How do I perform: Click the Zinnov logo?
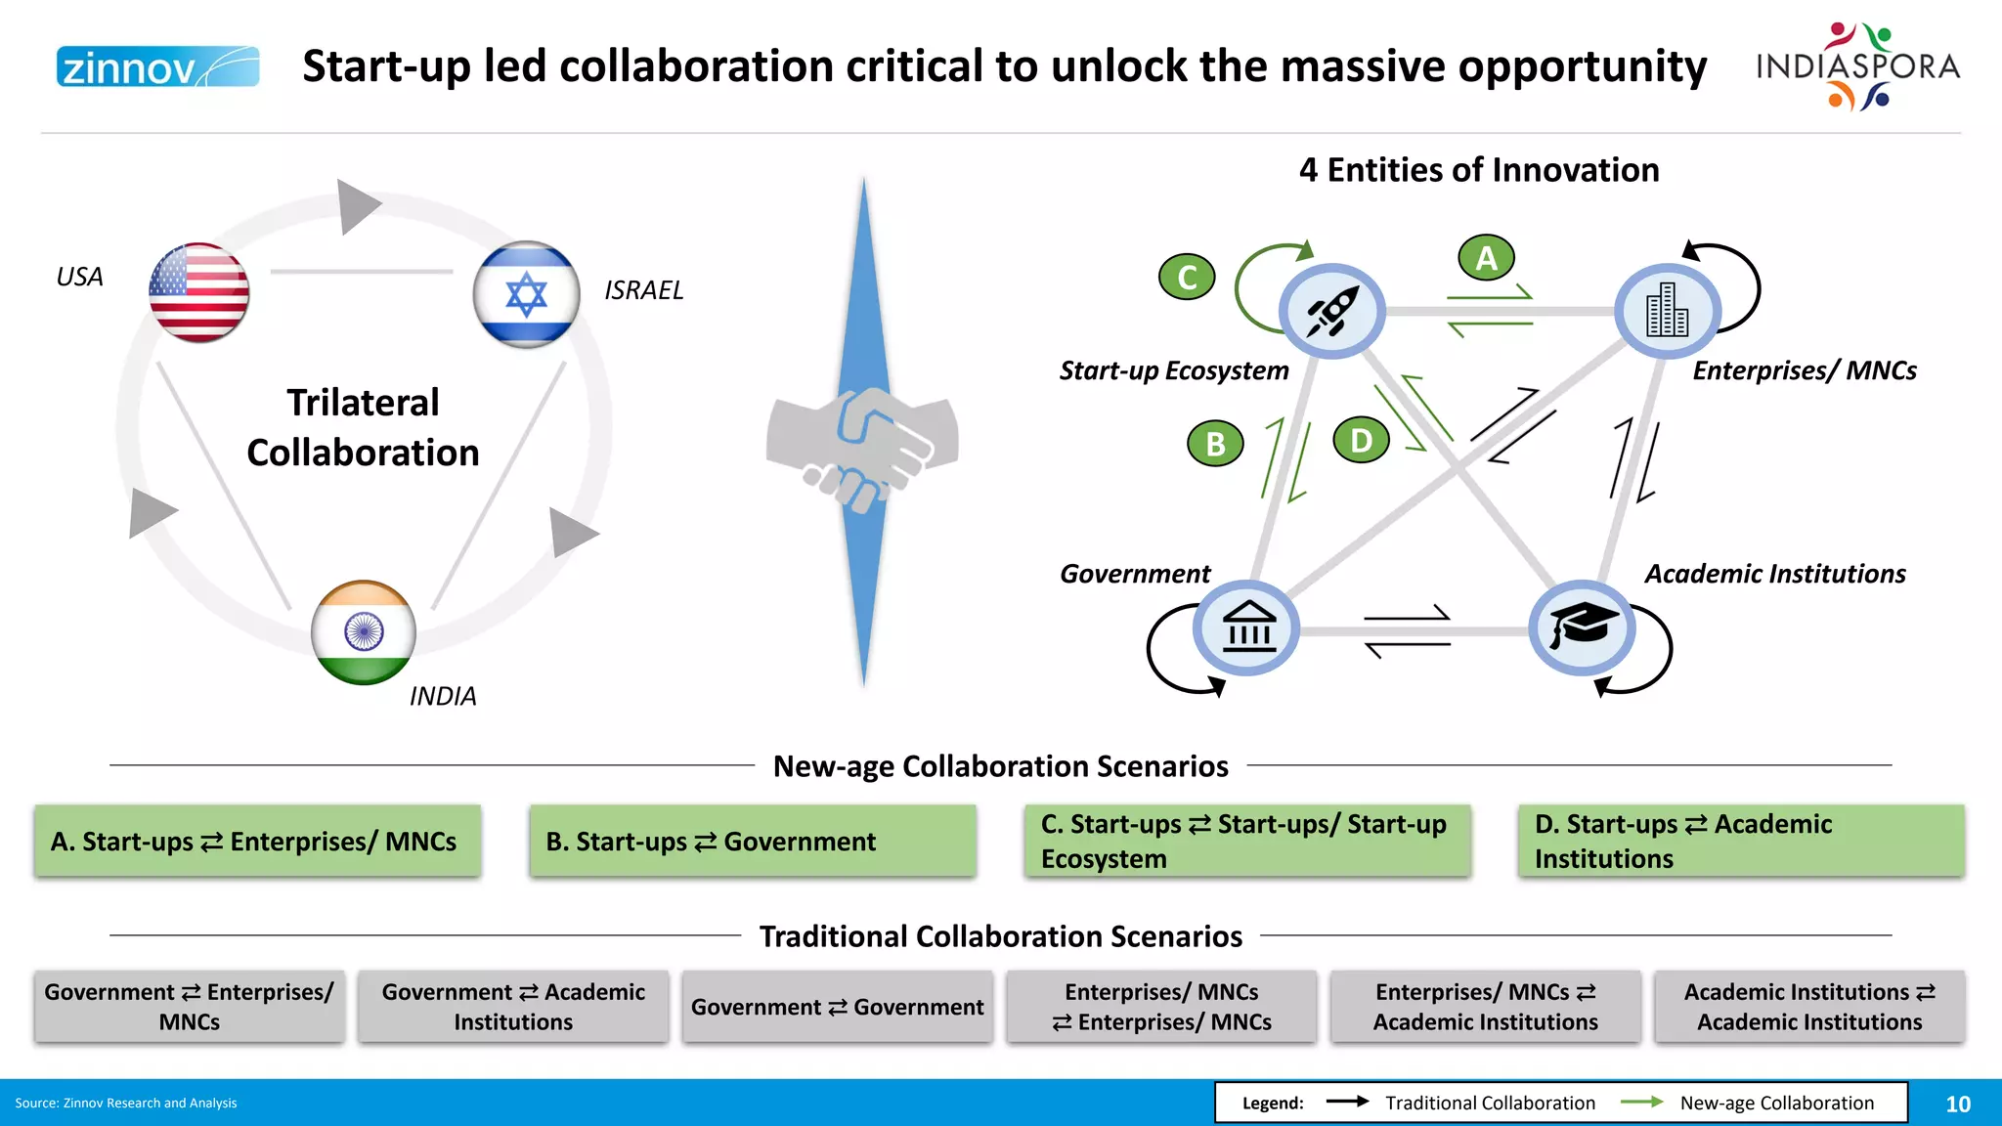click(x=157, y=66)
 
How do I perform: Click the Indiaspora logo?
click(x=1857, y=66)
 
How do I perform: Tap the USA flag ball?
click(x=198, y=292)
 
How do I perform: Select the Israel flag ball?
click(x=526, y=294)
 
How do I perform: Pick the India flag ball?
click(x=364, y=632)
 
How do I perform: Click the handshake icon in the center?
click(x=862, y=445)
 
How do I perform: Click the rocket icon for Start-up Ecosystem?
click(x=1331, y=312)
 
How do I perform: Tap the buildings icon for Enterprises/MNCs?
click(x=1667, y=310)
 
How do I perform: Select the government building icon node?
click(x=1246, y=628)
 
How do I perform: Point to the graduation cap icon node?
click(x=1582, y=628)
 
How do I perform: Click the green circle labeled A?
click(x=1486, y=258)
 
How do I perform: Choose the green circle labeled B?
click(x=1215, y=444)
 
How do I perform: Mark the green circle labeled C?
click(x=1187, y=277)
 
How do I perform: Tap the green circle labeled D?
click(x=1361, y=441)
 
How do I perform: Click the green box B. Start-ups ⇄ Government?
click(x=752, y=841)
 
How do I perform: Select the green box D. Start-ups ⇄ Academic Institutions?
click(x=1740, y=841)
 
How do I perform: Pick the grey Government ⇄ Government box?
click(x=837, y=1007)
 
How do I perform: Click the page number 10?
click(x=1957, y=1104)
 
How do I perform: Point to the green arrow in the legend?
click(x=1642, y=1103)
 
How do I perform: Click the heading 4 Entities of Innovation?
click(x=1479, y=170)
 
